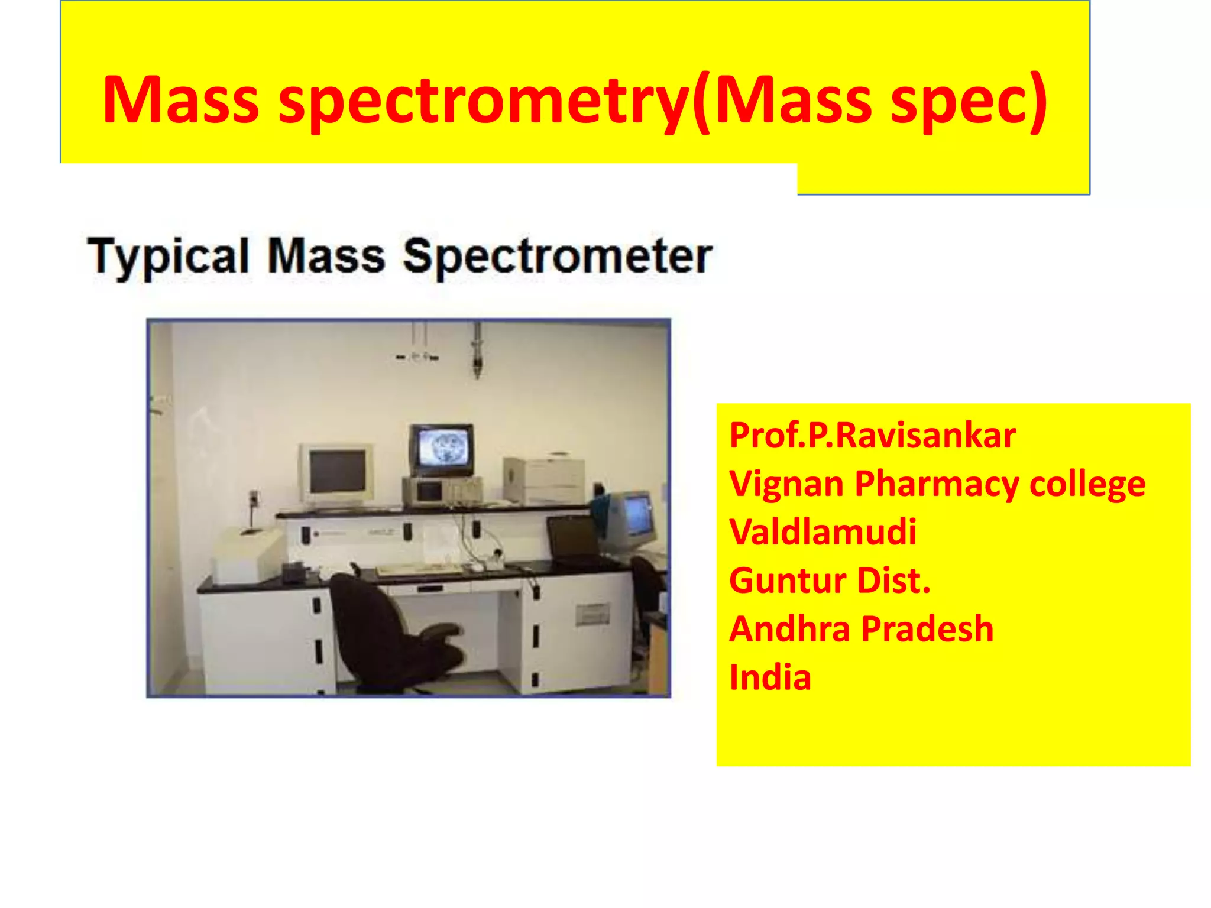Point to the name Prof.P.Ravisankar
point(872,436)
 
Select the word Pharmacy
point(937,484)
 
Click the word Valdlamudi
point(823,532)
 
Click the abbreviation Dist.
point(893,581)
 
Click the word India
point(770,677)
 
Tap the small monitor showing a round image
point(442,449)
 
